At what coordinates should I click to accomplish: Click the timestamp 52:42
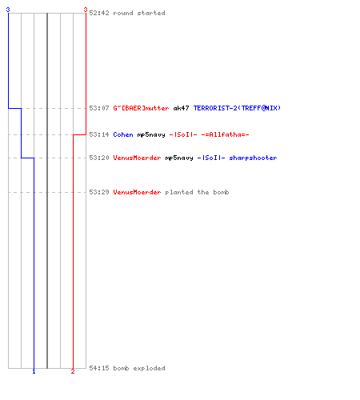pos(99,13)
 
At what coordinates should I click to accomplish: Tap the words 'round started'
pos(139,13)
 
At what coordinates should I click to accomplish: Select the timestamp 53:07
pos(99,108)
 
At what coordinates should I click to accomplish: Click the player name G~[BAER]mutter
pos(141,108)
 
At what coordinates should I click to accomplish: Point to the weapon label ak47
pos(182,108)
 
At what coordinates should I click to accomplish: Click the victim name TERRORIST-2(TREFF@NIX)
pos(237,108)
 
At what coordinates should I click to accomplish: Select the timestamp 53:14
pos(99,134)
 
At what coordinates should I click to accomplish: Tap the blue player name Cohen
pos(123,134)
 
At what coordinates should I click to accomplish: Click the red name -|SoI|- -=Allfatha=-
pos(210,134)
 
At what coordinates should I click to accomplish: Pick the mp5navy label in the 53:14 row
pos(151,134)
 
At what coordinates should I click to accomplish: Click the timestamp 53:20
pos(99,158)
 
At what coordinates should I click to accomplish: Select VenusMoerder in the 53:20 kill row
pos(137,158)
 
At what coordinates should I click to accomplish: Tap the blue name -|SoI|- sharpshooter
pos(238,158)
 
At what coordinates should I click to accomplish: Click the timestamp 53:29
pos(99,192)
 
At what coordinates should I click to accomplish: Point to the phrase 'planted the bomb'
pos(197,192)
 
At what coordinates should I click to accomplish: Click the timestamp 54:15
pos(99,368)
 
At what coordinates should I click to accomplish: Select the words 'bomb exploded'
pos(139,368)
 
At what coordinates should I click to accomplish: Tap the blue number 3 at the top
pos(8,10)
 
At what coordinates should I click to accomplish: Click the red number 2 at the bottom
pos(73,371)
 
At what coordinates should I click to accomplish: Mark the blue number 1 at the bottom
pos(34,371)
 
